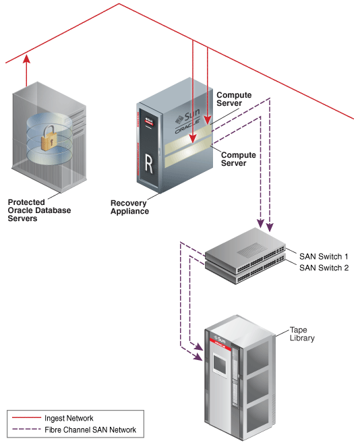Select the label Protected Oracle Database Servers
coord(39,210)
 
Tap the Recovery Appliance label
coord(129,207)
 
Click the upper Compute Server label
coord(234,99)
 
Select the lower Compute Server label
coord(239,159)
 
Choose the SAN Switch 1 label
coord(324,256)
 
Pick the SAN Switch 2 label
coord(324,268)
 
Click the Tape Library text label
coord(301,334)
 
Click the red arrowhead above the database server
coord(26,60)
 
